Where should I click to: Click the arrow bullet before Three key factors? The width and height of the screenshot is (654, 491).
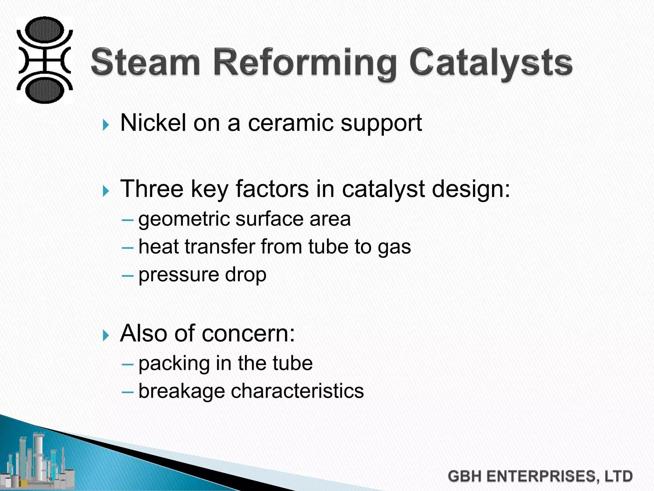click(106, 191)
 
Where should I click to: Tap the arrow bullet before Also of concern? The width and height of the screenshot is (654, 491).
click(106, 335)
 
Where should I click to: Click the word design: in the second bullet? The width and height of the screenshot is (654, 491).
click(471, 189)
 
